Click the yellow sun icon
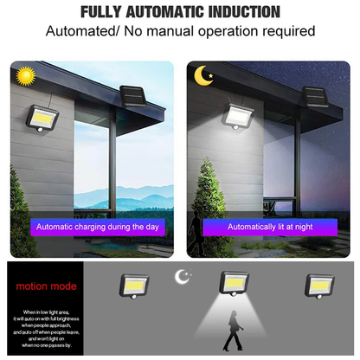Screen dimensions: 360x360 (23, 77)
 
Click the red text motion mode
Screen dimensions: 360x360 (45, 286)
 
